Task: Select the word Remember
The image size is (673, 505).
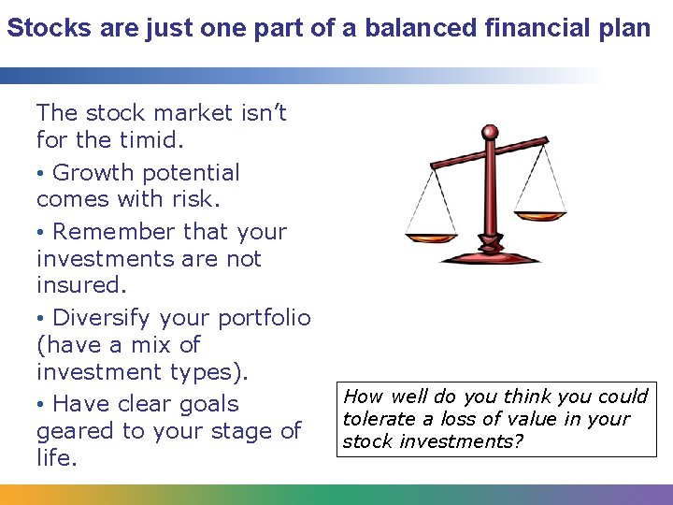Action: click(x=114, y=231)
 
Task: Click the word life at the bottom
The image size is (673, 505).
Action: click(x=56, y=458)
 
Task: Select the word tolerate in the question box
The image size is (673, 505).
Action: click(x=379, y=419)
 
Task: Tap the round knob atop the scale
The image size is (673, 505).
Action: click(x=489, y=133)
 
